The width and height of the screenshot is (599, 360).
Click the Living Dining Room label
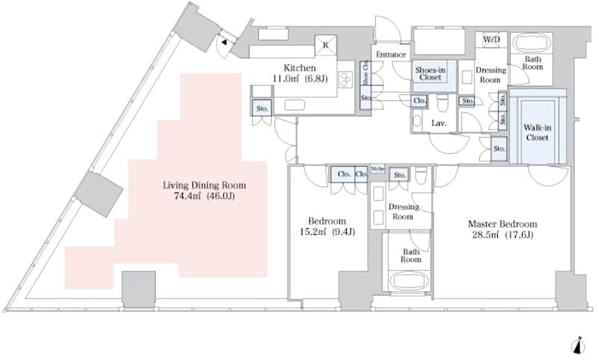pos(204,185)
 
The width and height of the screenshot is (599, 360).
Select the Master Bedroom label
pos(502,224)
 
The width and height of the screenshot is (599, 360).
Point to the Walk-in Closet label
pos(536,132)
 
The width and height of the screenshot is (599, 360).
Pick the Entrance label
pos(391,55)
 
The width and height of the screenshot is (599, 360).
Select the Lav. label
pos(440,122)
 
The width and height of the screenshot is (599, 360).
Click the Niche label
pos(377,168)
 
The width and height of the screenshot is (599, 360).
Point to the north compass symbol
pos(577,345)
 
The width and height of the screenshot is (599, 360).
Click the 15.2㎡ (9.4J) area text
pos(327,232)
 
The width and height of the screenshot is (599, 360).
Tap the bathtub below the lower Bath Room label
pos(409,282)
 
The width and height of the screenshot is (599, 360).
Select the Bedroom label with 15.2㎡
pos(327,221)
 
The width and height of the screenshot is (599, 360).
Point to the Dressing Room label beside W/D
pos(491,75)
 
